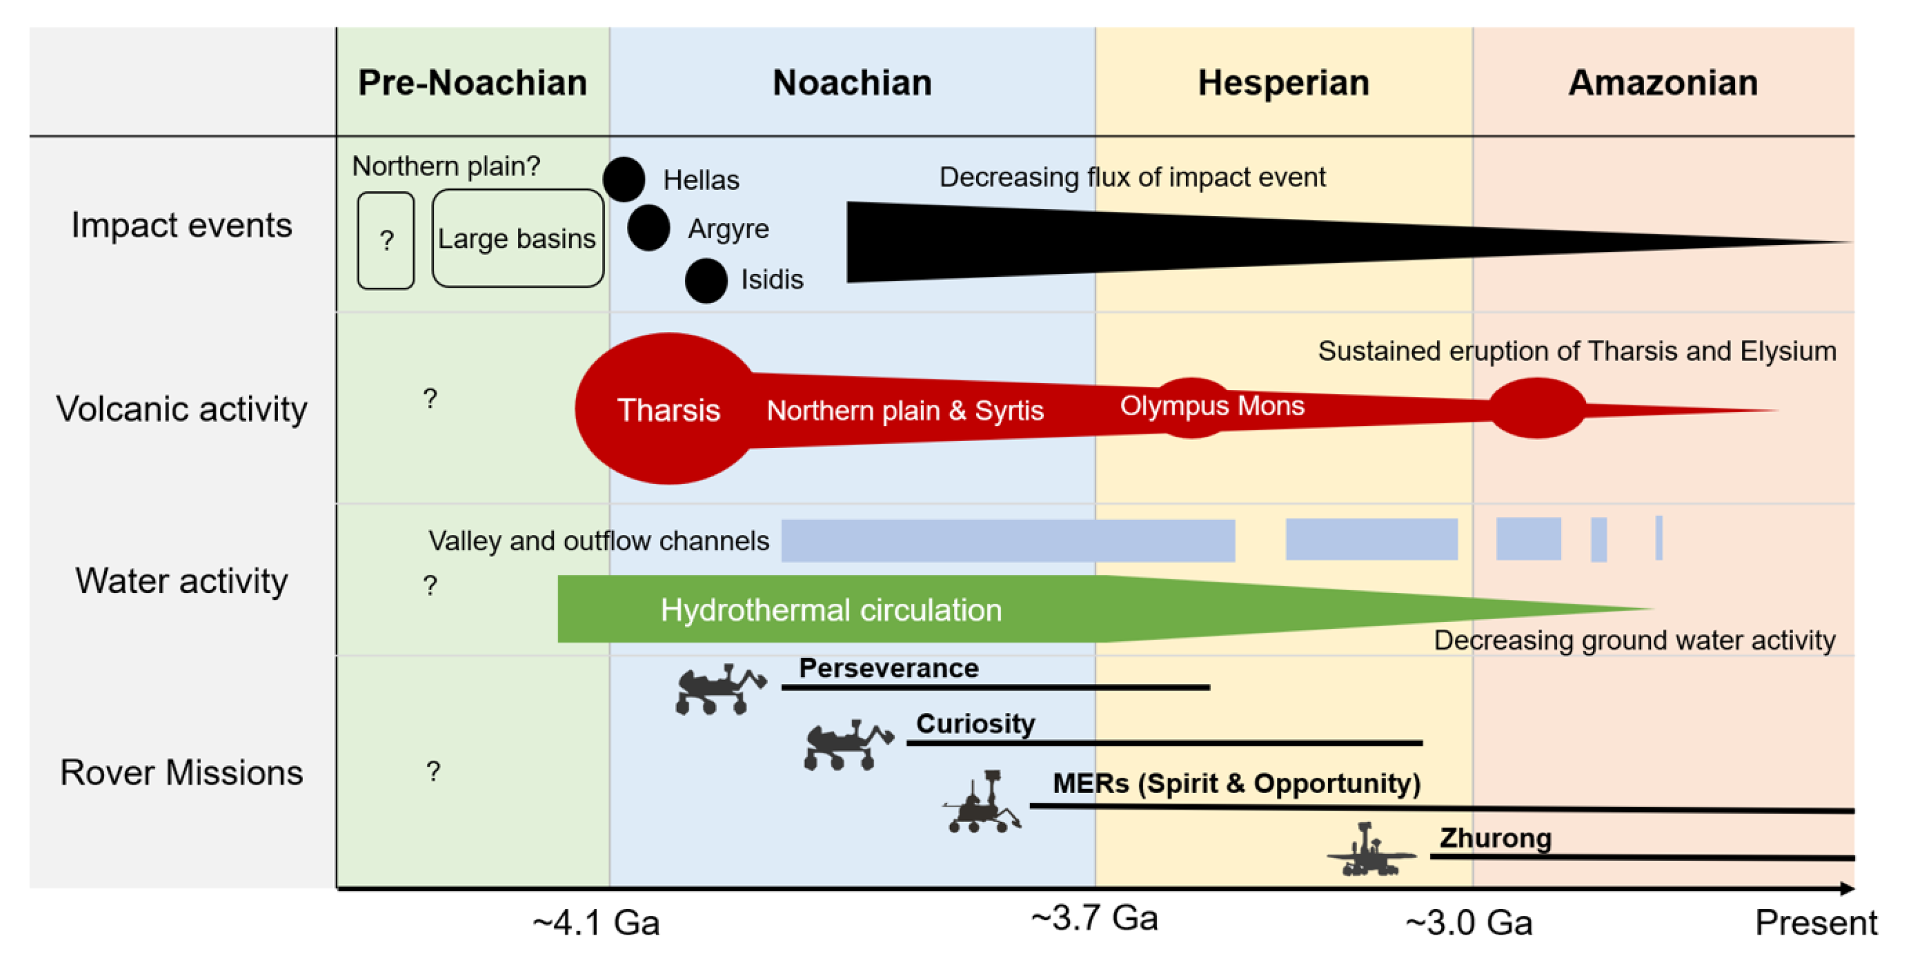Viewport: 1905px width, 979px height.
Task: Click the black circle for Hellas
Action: [624, 180]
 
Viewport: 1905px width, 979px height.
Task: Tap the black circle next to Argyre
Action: [649, 229]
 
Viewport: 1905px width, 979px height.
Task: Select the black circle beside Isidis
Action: [706, 281]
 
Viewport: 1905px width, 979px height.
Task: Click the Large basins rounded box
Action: [518, 239]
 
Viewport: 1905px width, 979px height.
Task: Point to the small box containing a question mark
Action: [386, 241]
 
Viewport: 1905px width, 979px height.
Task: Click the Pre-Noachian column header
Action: [472, 83]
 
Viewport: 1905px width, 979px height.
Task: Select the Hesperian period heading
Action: [1284, 83]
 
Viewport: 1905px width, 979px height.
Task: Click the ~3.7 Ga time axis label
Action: [1094, 919]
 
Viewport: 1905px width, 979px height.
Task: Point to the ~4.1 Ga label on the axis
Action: [596, 923]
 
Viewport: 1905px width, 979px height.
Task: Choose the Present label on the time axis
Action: [1816, 923]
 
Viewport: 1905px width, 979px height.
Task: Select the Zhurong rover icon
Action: [1370, 852]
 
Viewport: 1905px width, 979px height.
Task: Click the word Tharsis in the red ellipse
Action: [669, 410]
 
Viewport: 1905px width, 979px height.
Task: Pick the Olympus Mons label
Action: [1212, 406]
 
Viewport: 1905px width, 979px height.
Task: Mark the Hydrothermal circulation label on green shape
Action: [831, 611]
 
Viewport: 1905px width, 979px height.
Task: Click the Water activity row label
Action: [181, 581]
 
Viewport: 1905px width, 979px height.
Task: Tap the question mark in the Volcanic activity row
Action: [430, 399]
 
